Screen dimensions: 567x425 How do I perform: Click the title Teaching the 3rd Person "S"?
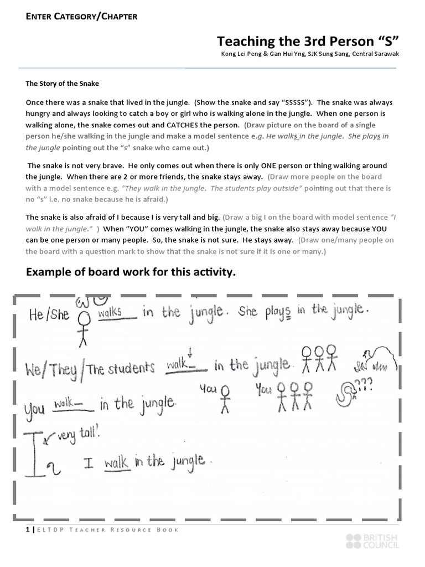(307, 41)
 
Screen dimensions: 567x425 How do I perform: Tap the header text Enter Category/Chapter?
(81, 16)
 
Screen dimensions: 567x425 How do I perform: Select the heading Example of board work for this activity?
(131, 272)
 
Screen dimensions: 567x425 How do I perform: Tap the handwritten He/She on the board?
(49, 315)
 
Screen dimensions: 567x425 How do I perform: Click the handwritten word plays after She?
(278, 311)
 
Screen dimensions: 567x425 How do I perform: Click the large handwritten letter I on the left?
(36, 449)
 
